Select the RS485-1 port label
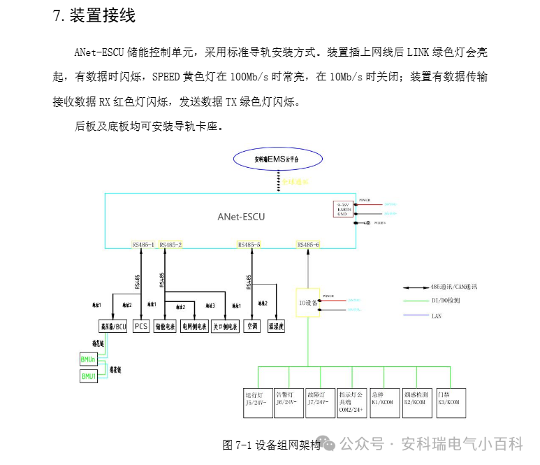point(143,245)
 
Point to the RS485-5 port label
point(249,245)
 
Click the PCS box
point(141,326)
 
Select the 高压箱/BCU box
point(112,326)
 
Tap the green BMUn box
point(89,359)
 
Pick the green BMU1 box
point(89,377)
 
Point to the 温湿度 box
point(277,326)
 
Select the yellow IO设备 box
point(307,303)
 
